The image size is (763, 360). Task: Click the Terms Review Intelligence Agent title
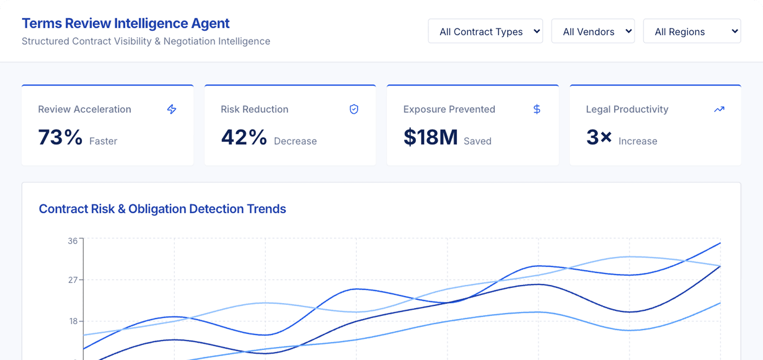126,23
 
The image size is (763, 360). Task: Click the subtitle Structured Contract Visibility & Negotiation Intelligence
146,41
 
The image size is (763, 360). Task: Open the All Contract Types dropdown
485,31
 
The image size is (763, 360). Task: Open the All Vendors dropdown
593,31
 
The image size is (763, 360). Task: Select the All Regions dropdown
692,31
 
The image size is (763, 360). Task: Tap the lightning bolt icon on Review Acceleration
171,109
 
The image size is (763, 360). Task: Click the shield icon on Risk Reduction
354,109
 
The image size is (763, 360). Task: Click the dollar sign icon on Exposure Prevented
537,109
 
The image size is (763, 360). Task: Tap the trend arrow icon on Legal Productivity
719,109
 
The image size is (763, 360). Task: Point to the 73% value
60,137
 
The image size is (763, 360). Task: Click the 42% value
244,137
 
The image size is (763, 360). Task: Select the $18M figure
430,137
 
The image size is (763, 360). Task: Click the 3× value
599,137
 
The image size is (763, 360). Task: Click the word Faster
103,141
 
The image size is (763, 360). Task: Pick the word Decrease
295,141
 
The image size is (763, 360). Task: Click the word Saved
477,141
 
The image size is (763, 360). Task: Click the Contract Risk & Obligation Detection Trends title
162,209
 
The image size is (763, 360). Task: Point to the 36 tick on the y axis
73,241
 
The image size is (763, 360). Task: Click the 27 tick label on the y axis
73,280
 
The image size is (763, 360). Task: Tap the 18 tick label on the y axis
73,321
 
